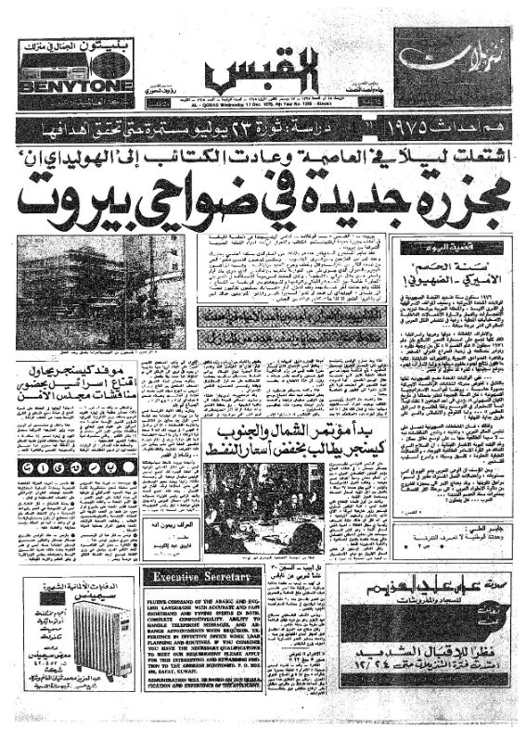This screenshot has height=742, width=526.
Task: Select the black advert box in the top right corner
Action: pyautogui.click(x=452, y=67)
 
